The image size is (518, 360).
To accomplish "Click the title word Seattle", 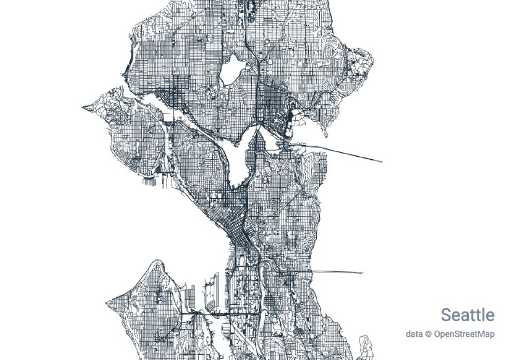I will [x=467, y=315].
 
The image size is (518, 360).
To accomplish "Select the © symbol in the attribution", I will [x=429, y=334].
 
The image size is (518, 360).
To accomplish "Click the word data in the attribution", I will [x=414, y=334].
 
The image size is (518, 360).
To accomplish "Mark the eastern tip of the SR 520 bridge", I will [x=381, y=162].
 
